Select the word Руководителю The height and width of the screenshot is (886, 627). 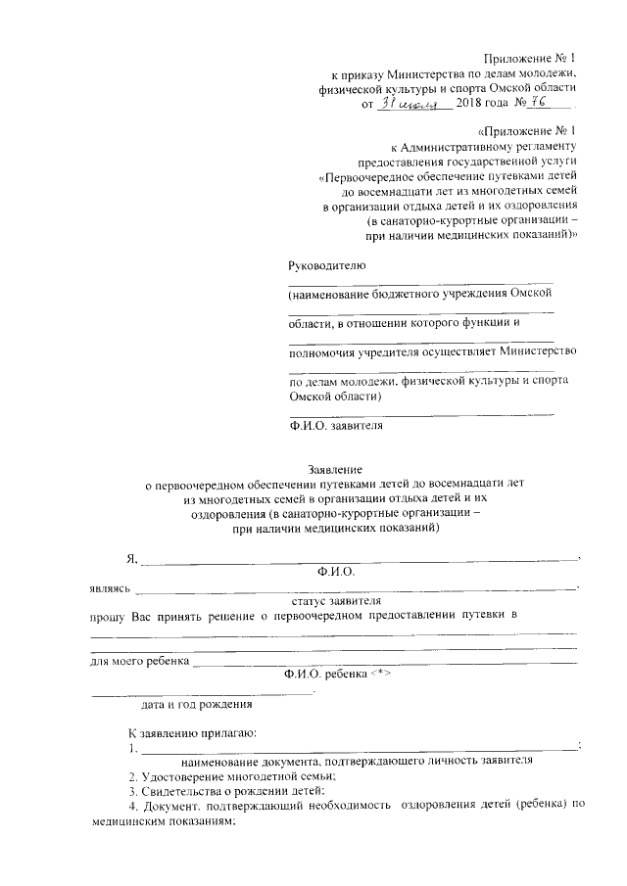326,264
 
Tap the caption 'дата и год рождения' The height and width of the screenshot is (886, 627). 197,703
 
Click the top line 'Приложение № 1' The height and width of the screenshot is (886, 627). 538,58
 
